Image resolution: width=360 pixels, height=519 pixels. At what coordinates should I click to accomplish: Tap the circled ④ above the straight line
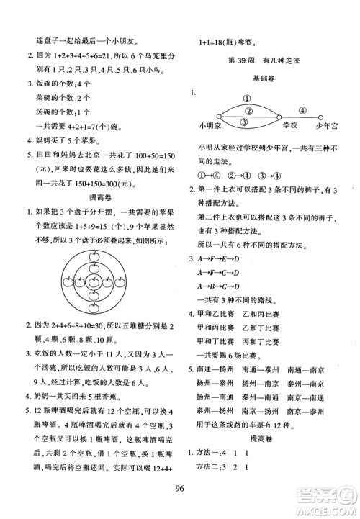click(302, 111)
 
